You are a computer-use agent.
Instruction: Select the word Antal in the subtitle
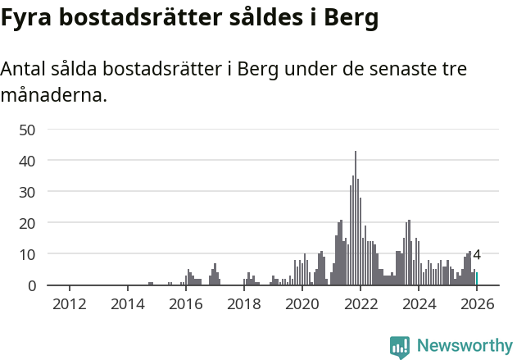coord(24,69)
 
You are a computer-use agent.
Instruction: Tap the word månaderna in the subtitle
coord(54,95)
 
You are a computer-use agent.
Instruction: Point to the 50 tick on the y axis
coord(27,130)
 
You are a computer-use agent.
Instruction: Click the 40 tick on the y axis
coord(27,161)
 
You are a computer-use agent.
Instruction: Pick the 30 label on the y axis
coord(27,192)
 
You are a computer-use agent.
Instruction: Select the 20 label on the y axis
coord(27,223)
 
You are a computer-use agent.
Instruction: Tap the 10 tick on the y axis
coord(27,254)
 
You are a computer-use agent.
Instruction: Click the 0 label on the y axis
coord(31,285)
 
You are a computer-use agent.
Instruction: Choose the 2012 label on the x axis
coord(69,304)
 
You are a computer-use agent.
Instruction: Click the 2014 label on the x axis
coord(127,304)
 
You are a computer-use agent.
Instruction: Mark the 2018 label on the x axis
coord(243,304)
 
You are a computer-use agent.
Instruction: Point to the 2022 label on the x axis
coord(360,304)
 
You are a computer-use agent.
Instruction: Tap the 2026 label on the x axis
coord(476,304)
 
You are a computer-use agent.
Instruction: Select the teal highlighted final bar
coord(477,280)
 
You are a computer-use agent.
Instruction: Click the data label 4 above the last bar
coord(477,255)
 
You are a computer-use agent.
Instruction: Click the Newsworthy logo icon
coord(400,347)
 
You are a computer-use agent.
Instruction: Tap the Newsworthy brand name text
coord(464,346)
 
